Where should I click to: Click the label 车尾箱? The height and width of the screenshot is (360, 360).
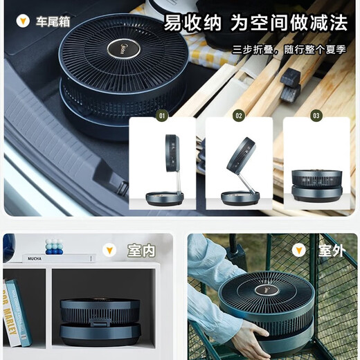53,20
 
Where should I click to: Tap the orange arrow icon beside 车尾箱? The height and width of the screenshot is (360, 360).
22,20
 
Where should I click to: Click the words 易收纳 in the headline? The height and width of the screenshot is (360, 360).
192,22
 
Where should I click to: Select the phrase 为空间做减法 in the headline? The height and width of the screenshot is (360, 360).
289,22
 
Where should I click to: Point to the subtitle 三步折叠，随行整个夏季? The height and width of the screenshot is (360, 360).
289,50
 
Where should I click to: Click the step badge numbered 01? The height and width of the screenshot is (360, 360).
162,116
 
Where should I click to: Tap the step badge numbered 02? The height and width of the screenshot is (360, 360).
239,116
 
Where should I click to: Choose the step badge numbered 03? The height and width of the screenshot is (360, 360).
316,116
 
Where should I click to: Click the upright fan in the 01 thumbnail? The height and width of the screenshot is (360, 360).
166,170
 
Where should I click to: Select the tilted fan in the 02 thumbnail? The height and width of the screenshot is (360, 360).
239,170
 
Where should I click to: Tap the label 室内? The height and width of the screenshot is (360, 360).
141,251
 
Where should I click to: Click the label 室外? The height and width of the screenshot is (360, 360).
331,251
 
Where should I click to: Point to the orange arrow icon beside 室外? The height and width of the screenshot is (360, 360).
299,251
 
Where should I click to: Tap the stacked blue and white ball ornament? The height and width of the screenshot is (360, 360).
53,246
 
